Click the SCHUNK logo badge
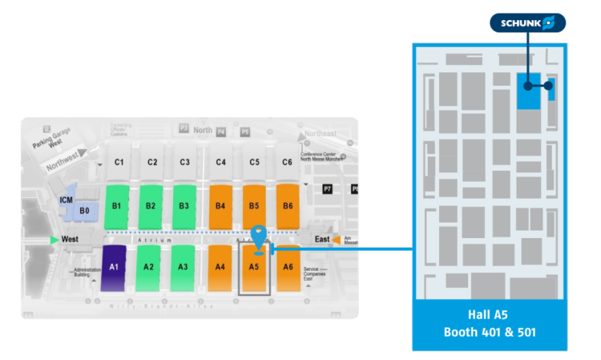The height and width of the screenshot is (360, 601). pos(528,22)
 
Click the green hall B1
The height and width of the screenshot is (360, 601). pos(117,206)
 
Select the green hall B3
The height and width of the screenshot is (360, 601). pos(184,206)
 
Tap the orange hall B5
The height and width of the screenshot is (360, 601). pos(254,206)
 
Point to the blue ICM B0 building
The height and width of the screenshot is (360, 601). pos(84,211)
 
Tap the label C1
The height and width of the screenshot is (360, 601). pos(119,163)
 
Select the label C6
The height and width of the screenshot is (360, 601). pos(287,163)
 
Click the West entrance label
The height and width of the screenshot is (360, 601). pos(70,240)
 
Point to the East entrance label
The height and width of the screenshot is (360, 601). pos(321,239)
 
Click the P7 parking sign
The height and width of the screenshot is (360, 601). pos(326,188)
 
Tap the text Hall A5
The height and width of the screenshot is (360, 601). pos(489,315)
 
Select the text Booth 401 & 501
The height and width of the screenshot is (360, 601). pos(489,332)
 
